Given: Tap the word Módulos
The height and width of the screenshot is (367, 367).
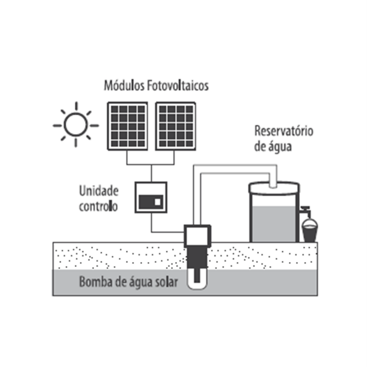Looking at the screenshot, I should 123,85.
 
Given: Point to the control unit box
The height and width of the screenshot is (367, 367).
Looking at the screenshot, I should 151,197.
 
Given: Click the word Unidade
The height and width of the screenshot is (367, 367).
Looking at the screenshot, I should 98,192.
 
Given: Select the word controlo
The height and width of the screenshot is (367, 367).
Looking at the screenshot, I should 98,206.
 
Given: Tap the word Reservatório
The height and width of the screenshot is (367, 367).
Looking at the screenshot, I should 284,131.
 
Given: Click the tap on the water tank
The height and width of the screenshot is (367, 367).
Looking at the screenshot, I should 305,211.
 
